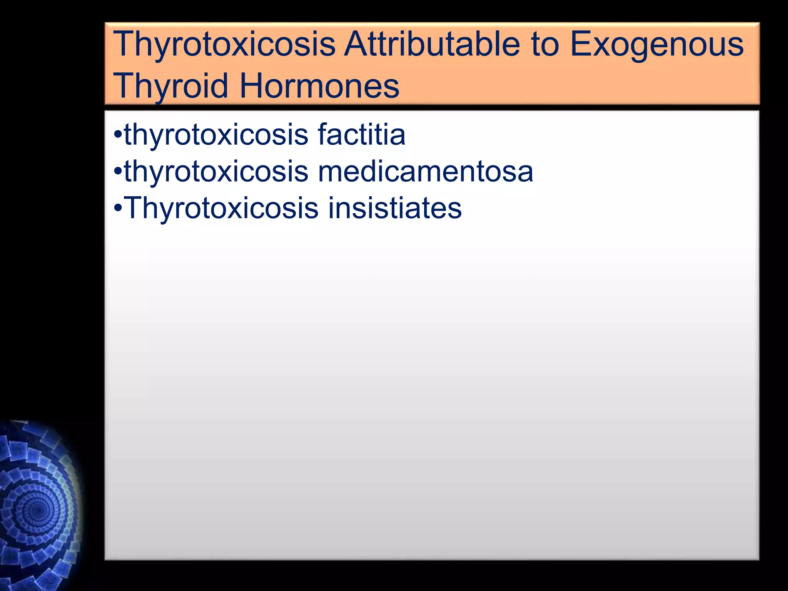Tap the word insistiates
click(x=394, y=208)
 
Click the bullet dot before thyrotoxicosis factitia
click(x=118, y=135)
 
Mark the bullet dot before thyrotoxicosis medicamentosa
click(x=118, y=172)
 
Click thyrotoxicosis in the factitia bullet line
click(x=216, y=135)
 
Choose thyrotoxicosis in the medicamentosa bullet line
click(x=216, y=172)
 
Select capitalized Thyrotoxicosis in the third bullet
click(x=221, y=208)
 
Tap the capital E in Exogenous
click(x=581, y=45)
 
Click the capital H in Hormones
click(x=252, y=85)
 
